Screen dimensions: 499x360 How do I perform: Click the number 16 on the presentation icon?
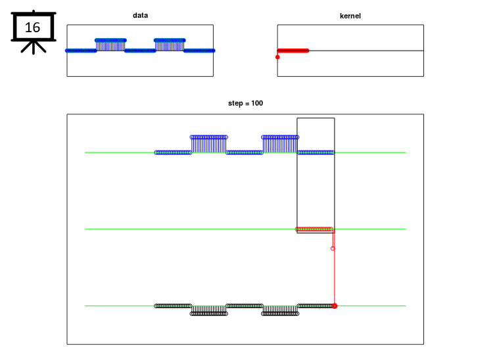32,28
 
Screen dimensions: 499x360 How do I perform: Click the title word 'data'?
140,15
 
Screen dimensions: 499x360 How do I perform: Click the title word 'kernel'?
350,16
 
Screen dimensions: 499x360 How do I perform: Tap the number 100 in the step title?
257,103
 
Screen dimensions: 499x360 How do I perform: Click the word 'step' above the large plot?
235,103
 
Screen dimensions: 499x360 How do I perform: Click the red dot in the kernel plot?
277,57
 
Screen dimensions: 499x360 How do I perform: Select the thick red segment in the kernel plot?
293,51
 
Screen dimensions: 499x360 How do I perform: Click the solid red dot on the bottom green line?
335,306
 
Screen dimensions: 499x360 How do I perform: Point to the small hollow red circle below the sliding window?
333,248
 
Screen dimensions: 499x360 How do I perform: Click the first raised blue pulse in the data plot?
110,45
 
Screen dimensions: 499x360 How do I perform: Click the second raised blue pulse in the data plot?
170,45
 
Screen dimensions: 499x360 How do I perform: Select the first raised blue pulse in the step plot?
209,145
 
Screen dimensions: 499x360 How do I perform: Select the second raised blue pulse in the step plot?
280,145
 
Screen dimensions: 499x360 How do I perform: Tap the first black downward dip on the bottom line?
209,310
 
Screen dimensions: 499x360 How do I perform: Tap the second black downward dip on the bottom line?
280,310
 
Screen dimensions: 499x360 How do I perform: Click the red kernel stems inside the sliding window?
314,229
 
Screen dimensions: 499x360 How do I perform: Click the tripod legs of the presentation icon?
34,47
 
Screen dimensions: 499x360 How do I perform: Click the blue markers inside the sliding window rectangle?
316,152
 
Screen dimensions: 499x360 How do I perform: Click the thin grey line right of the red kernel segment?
366,51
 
